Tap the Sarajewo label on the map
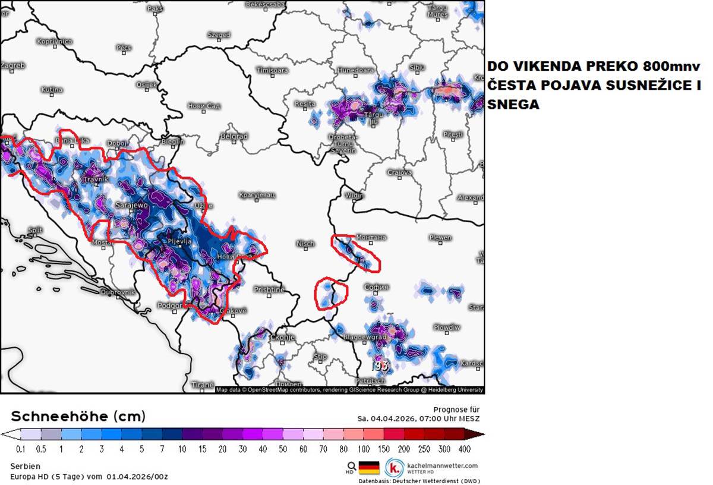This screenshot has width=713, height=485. pos(131,204)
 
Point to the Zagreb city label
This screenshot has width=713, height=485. pos(12,65)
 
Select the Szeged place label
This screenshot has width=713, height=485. pos(219,35)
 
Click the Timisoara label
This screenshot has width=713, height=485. pos(272,70)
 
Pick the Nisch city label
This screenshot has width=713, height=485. pos(305,244)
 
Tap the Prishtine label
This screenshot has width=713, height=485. pos(269,289)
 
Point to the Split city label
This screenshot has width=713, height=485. pos(35,230)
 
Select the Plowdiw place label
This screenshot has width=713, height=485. pos(446,327)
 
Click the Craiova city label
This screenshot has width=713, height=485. pos(400,172)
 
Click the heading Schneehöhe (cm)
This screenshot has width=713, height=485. pos(78,415)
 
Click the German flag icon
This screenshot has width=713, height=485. pos(369,467)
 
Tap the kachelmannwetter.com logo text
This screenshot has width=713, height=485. pos(442,465)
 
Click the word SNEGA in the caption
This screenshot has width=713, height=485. pos(513,105)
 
